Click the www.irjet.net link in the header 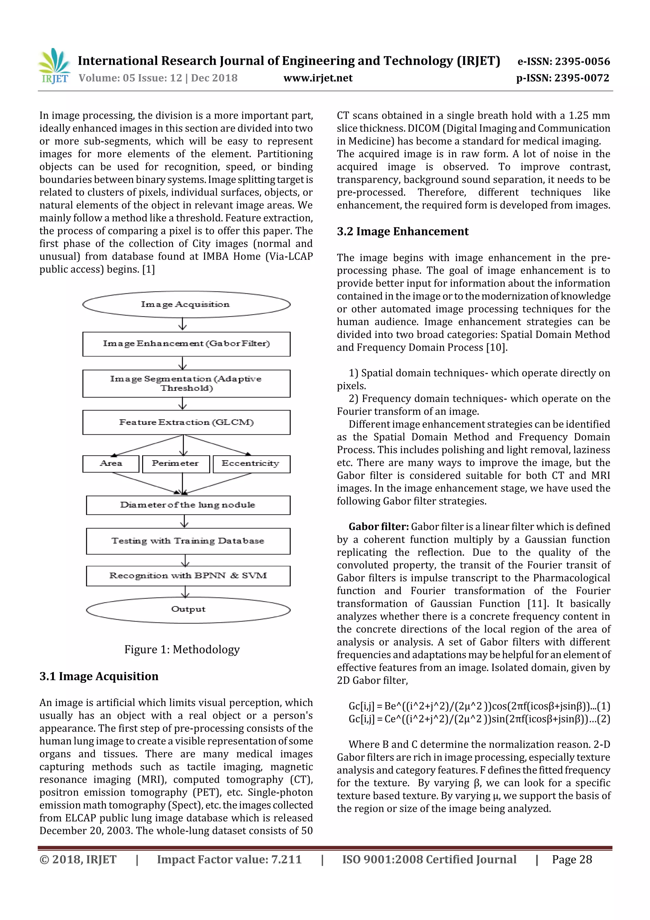(x=318, y=78)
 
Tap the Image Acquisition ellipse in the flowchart (x=186, y=305)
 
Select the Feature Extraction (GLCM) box (x=186, y=422)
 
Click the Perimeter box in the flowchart (x=176, y=464)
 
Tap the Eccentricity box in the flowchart (x=251, y=464)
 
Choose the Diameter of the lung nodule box (x=188, y=505)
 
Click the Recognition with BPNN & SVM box (x=188, y=576)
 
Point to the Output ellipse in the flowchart (x=188, y=609)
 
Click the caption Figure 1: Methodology (x=182, y=649)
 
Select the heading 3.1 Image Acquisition (x=99, y=676)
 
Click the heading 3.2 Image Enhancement (x=402, y=232)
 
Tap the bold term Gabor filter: (x=378, y=527)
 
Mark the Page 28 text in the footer (x=572, y=859)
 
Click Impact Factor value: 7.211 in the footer (x=229, y=859)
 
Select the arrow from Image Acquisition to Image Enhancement (x=182, y=324)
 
